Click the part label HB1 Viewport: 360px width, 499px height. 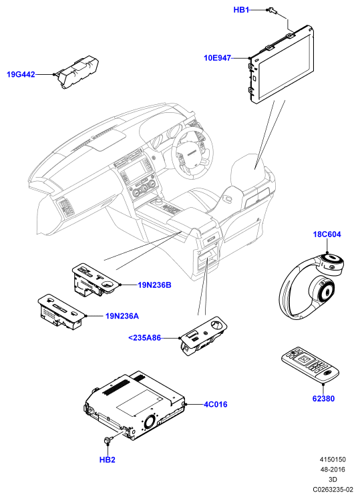tap(241, 10)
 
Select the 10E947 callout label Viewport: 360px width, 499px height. tap(217, 58)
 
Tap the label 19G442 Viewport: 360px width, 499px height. tap(21, 74)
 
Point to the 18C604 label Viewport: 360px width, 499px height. tap(327, 234)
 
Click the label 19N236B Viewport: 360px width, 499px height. tap(154, 285)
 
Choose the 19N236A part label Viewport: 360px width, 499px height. tap(122, 316)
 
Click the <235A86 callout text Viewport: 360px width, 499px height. tap(144, 337)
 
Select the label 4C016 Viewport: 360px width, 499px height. tap(216, 405)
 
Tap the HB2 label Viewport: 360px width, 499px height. tap(108, 460)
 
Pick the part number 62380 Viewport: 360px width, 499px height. tap(323, 398)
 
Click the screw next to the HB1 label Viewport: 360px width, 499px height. tap(273, 11)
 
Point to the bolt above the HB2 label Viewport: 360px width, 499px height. tap(108, 440)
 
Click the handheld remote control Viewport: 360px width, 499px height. tap(310, 365)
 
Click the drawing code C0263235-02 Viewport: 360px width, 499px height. tap(333, 489)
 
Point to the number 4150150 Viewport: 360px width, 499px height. tap(333, 459)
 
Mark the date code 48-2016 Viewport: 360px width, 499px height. tap(333, 469)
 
